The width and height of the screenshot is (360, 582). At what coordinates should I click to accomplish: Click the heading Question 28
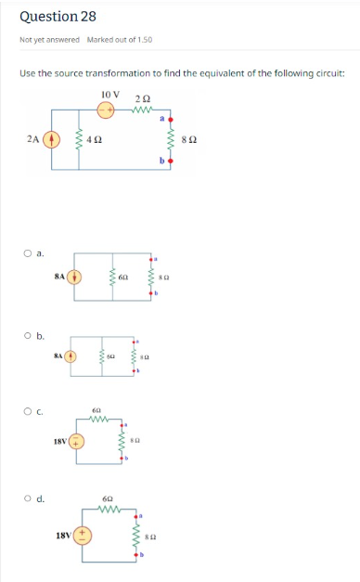point(58,17)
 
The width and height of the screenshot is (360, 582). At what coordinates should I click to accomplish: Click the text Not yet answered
point(49,39)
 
